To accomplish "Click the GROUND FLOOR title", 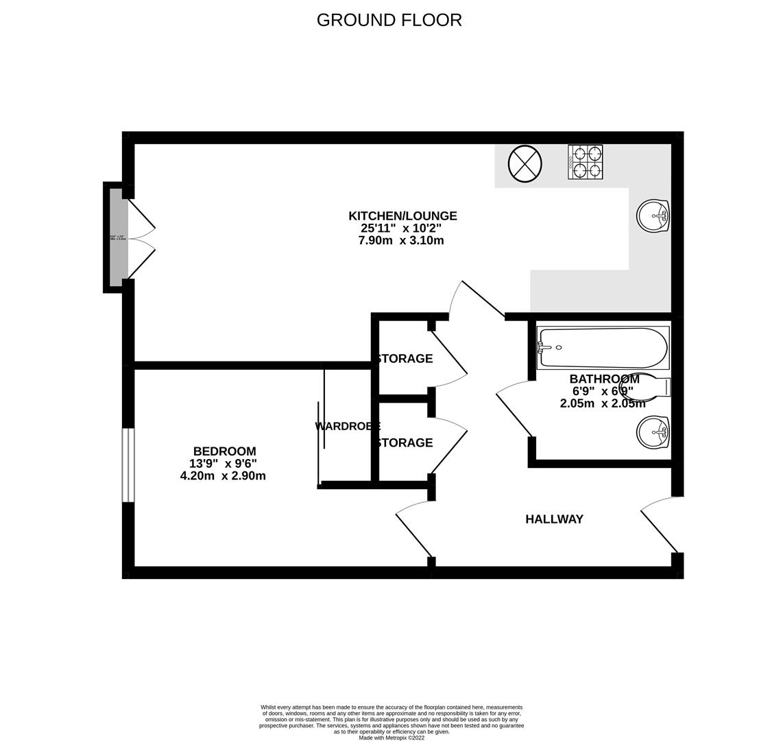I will pyautogui.click(x=389, y=20).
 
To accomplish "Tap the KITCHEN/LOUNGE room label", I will pyautogui.click(x=402, y=216).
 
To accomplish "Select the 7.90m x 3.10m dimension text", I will pyautogui.click(x=401, y=241).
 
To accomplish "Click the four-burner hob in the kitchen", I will pyautogui.click(x=586, y=162).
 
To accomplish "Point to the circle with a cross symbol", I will pyautogui.click(x=525, y=164).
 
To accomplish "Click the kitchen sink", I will pyautogui.click(x=652, y=216).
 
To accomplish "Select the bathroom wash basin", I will pyautogui.click(x=652, y=432).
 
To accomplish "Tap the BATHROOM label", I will pyautogui.click(x=604, y=379).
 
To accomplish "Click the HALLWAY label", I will pyautogui.click(x=554, y=519).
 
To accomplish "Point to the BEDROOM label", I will pyautogui.click(x=224, y=451).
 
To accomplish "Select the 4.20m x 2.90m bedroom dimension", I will pyautogui.click(x=223, y=475).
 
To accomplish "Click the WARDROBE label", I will pyautogui.click(x=347, y=426).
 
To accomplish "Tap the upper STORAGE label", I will pyautogui.click(x=404, y=358).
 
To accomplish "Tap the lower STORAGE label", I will pyautogui.click(x=404, y=443).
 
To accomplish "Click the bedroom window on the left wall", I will pyautogui.click(x=128, y=465).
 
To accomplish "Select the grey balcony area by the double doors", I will pyautogui.click(x=119, y=237).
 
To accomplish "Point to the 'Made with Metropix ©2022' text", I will pyautogui.click(x=391, y=738).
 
